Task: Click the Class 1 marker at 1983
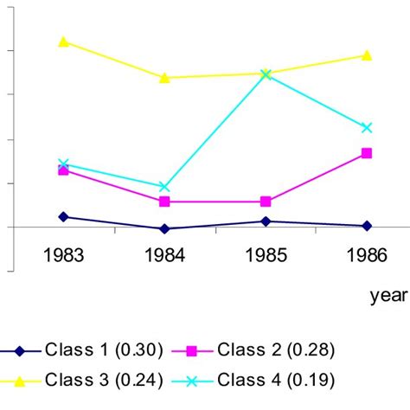[64, 216]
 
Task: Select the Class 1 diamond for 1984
[164, 229]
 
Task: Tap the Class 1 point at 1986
[366, 226]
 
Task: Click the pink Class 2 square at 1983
[64, 170]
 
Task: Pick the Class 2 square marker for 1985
[266, 202]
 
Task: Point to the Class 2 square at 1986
[366, 153]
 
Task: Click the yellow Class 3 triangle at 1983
[64, 42]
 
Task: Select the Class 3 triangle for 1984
[164, 78]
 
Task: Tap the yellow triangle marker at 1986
[366, 55]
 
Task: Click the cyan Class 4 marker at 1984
[164, 187]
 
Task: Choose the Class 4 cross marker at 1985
[266, 74]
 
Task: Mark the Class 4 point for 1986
[366, 127]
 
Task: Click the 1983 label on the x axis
[64, 255]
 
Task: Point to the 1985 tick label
[266, 255]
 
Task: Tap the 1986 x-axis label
[366, 255]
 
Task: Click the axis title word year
[388, 296]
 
